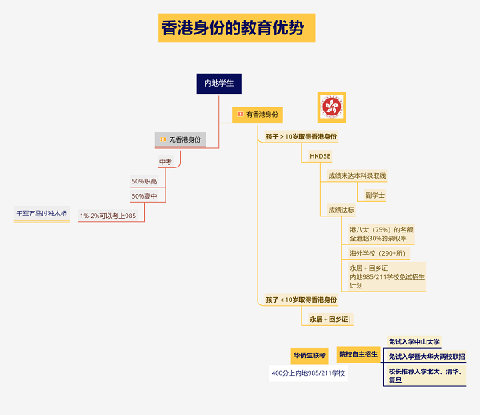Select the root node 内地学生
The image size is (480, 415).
tap(218, 83)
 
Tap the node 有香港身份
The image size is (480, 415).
tap(258, 115)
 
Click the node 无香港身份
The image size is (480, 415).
tap(181, 139)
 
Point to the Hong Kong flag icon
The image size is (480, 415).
tap(331, 106)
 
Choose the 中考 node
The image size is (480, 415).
tap(166, 162)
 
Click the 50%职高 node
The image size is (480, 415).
tap(144, 182)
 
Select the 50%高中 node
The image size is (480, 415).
tap(144, 196)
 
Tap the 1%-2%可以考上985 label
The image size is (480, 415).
tap(108, 216)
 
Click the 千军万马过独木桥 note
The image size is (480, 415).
tap(42, 214)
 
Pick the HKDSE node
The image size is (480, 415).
tap(320, 155)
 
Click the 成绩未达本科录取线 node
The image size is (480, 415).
tap(357, 175)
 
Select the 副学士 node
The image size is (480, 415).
tap(374, 195)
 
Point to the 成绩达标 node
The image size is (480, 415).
tap(342, 211)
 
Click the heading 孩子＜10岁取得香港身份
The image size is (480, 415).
tap(302, 300)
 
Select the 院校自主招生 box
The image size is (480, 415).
tap(358, 353)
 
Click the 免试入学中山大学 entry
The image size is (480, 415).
tap(414, 342)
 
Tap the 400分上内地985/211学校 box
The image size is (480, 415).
tap(309, 373)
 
